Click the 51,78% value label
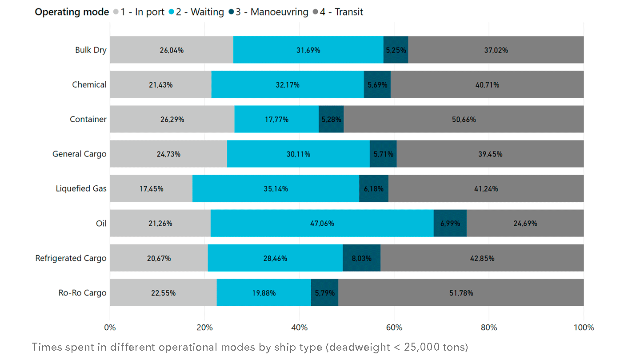[x=461, y=293]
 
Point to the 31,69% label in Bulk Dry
[x=308, y=50]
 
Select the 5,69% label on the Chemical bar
[x=377, y=85]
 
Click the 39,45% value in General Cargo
[x=490, y=154]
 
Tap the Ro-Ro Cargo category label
[x=82, y=293]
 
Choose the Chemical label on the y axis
[x=89, y=84]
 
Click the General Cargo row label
[x=79, y=154]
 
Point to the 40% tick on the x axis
[x=299, y=328]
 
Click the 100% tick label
[x=584, y=328]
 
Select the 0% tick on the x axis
[x=110, y=328]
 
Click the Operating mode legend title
[x=72, y=12]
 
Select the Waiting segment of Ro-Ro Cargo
[x=264, y=292]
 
